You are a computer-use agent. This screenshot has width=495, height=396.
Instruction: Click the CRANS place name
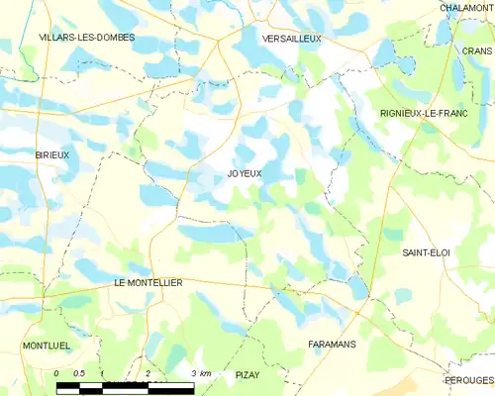477,50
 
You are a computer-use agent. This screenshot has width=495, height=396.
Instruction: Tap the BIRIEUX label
51,155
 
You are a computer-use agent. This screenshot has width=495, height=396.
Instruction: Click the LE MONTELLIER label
149,282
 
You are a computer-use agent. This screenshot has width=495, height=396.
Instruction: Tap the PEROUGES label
469,380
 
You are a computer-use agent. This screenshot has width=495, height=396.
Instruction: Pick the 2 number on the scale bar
148,372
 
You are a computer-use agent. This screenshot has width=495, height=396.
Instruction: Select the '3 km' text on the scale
200,372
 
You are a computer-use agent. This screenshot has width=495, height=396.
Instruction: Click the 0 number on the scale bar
57,372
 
